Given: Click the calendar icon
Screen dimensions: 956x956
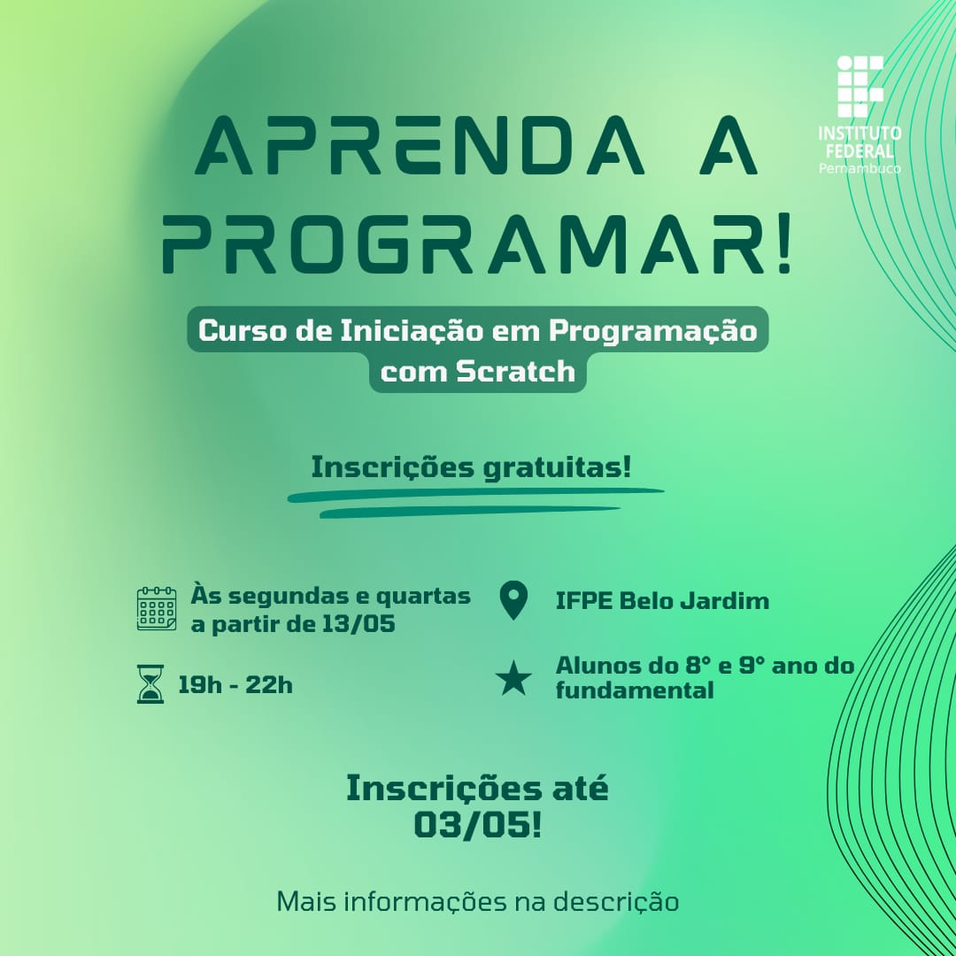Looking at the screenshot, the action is tap(157, 608).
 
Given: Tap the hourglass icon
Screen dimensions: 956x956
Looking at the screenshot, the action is tap(150, 684).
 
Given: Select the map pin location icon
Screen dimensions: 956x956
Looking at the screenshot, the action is tap(513, 600).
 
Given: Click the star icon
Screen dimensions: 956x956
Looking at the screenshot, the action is tap(513, 678).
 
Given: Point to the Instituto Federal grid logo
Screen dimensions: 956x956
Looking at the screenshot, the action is tap(860, 87).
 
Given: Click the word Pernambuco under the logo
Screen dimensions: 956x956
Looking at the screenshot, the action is tap(860, 168).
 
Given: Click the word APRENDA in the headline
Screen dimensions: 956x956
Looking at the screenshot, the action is tap(420, 145).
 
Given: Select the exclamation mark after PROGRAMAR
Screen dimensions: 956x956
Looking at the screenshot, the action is tap(783, 243).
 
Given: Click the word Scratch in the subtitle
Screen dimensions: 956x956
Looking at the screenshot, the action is tap(516, 371).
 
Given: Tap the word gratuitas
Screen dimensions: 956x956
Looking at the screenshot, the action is tap(557, 468).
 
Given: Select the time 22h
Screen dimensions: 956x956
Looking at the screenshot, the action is tap(269, 684).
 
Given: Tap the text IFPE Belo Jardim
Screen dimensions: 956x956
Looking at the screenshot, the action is tap(662, 601).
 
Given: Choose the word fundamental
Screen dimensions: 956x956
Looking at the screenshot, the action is tap(635, 690).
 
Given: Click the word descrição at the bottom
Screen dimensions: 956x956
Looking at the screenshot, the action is tap(616, 902).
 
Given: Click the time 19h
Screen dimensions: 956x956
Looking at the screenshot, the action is tap(200, 684).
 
